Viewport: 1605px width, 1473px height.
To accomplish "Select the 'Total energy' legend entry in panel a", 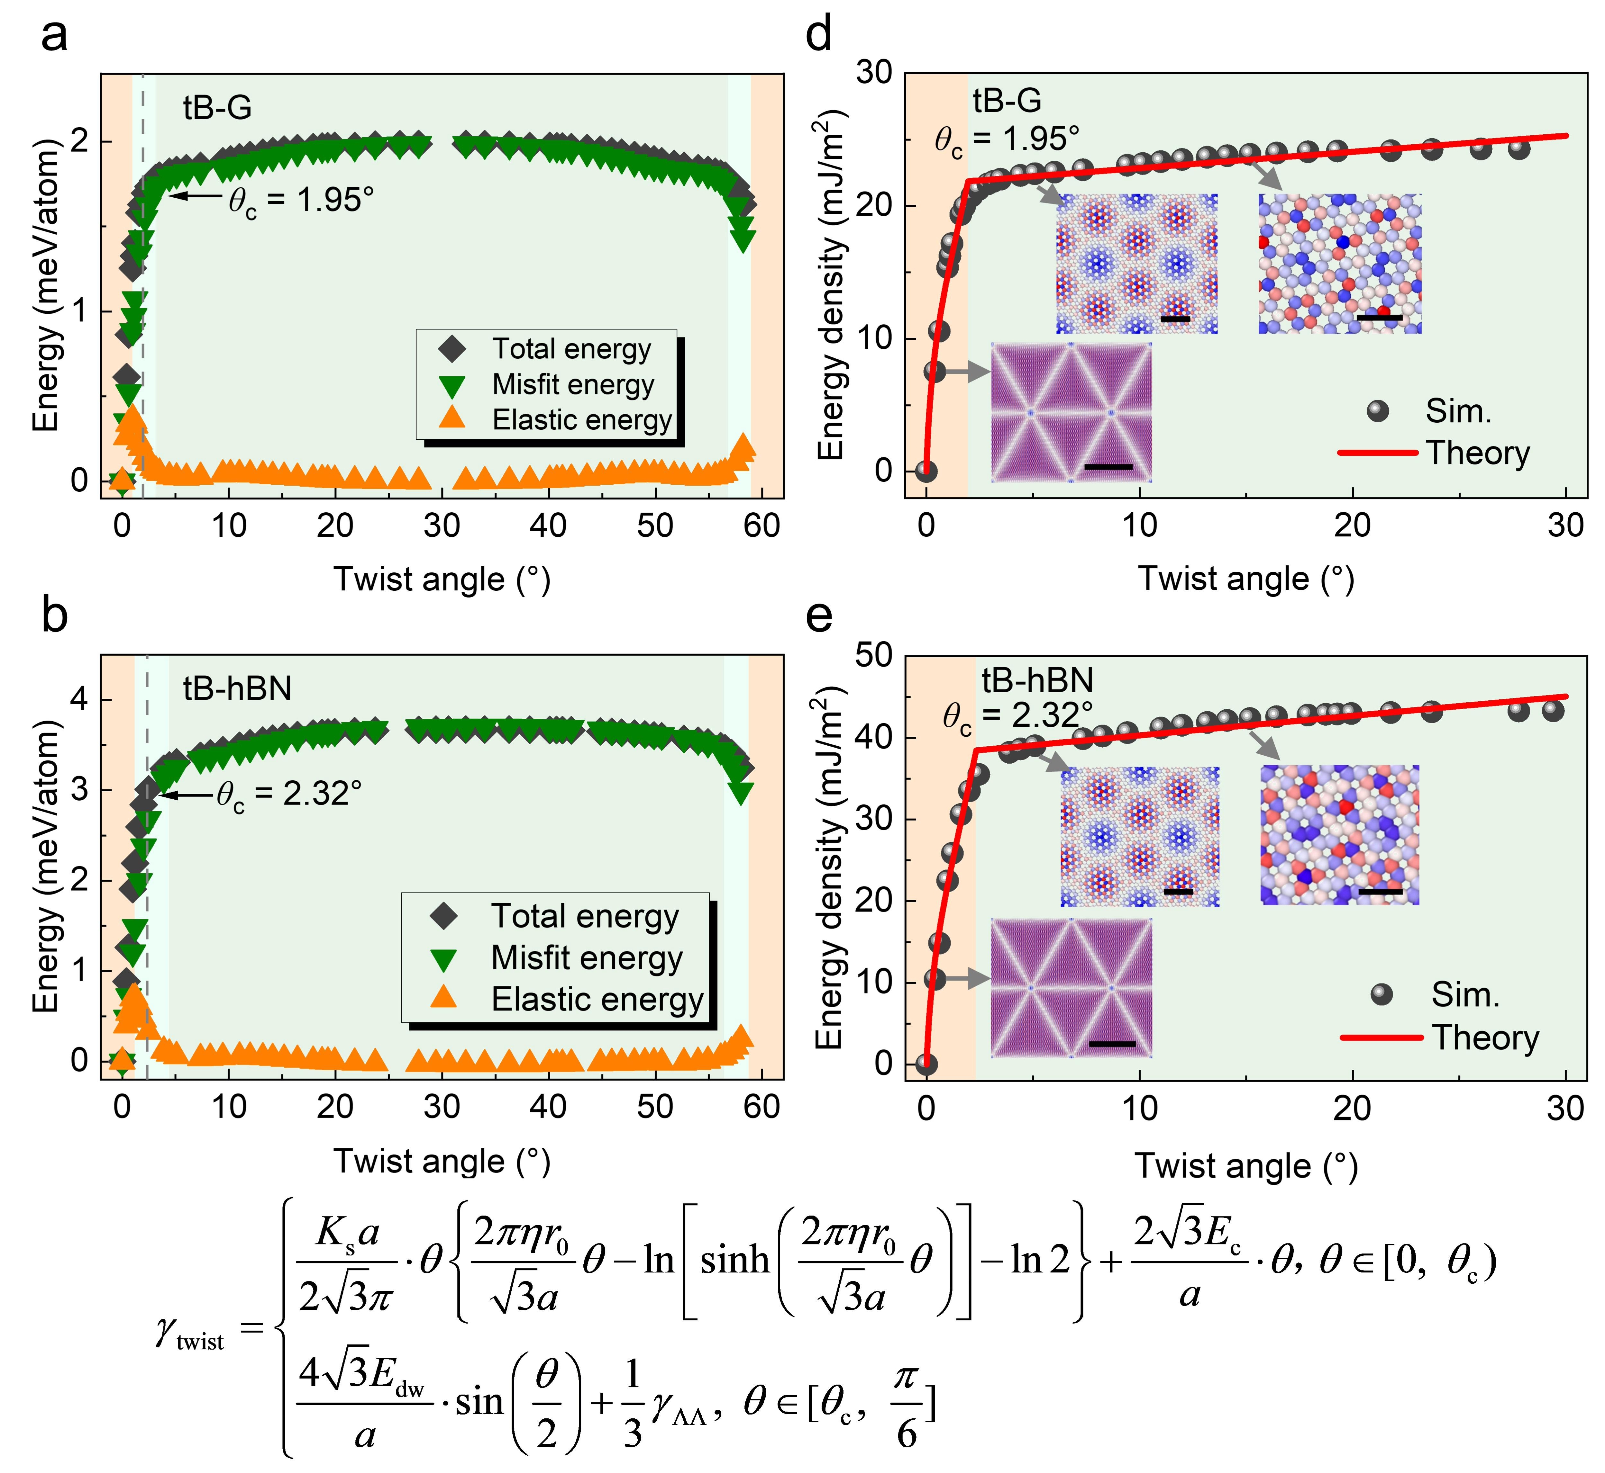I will click(571, 349).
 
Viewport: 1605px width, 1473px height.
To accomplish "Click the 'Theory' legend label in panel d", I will click(1477, 453).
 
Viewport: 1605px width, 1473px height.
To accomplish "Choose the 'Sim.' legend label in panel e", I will click(1465, 995).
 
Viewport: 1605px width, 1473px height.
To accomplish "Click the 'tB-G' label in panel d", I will click(1007, 100).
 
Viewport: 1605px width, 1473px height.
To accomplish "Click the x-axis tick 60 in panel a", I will click(761, 526).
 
